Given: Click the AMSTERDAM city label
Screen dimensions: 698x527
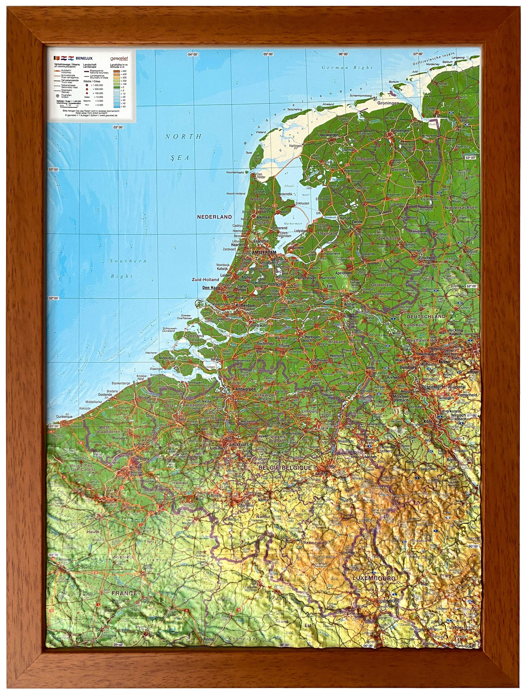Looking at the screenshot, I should click(264, 253).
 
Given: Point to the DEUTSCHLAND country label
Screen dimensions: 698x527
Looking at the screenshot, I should click(426, 316).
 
